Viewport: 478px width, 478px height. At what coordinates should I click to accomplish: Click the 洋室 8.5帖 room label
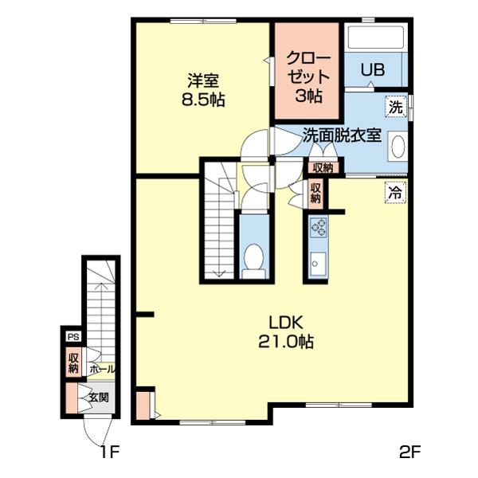point(203,90)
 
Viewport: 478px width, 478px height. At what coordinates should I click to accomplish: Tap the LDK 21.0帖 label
point(286,332)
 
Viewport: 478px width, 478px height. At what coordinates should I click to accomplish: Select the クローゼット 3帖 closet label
point(308,77)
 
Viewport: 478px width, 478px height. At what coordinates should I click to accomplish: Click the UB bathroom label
point(373,70)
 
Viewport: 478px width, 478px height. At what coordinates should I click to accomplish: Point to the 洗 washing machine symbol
point(396,107)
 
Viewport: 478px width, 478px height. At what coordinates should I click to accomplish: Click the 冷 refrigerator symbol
point(395,193)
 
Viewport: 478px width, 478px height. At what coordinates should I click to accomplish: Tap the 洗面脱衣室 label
point(342,135)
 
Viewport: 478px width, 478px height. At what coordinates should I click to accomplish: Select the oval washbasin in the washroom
point(398,147)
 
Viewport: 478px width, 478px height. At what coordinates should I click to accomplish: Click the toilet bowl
point(254,257)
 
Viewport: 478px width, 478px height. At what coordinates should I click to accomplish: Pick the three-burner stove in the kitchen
point(318,227)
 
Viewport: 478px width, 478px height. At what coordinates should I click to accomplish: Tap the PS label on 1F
point(73,337)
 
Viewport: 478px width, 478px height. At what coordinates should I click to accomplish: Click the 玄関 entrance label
point(99,398)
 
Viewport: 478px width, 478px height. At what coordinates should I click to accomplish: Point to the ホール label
point(102,370)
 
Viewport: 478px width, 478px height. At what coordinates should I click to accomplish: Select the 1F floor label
point(109,452)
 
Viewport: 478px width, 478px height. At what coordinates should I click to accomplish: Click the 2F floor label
point(410,452)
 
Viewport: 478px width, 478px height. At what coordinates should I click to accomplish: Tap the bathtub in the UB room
point(375,37)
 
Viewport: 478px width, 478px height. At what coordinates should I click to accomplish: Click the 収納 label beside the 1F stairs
point(73,362)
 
